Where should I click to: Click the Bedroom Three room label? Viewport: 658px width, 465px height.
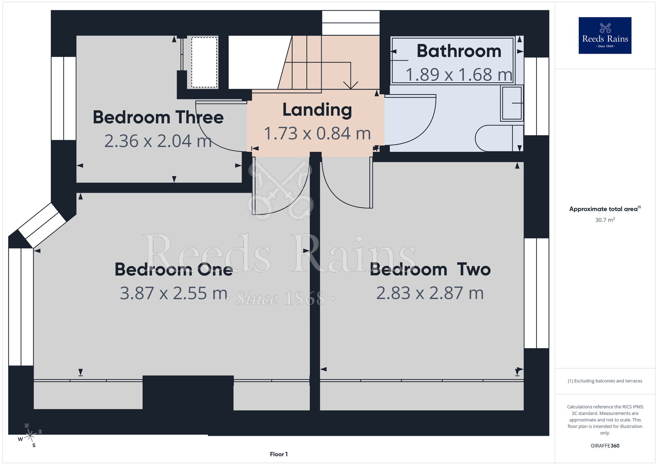coord(158,117)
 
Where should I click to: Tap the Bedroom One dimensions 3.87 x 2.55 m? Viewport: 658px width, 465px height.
coord(174,293)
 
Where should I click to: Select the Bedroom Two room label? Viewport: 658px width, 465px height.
coord(430,269)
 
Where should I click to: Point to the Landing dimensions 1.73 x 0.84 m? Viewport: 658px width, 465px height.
coord(317,134)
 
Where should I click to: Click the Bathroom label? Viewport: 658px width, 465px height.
coord(459,51)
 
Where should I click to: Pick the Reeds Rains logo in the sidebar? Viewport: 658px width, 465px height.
coord(605,36)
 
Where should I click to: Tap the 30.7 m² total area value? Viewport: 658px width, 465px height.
coord(605,220)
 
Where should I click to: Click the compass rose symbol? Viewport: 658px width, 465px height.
coord(30,435)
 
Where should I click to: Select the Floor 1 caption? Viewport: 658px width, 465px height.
coord(279,454)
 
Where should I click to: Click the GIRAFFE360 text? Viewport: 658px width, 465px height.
coord(605,446)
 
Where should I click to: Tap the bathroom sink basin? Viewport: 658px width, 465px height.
coord(512,103)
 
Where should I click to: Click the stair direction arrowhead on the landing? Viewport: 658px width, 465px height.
coord(351,85)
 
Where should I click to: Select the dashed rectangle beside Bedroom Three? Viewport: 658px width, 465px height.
coord(204,62)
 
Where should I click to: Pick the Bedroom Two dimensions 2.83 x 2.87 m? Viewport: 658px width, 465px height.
coord(430,293)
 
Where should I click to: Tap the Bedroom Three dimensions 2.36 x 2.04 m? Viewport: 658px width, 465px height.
coord(158,141)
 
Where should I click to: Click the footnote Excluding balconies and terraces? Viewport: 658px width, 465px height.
coord(605,381)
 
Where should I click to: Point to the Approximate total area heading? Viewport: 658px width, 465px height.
coord(605,209)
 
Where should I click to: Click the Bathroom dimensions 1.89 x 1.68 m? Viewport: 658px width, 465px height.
coord(459,75)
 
